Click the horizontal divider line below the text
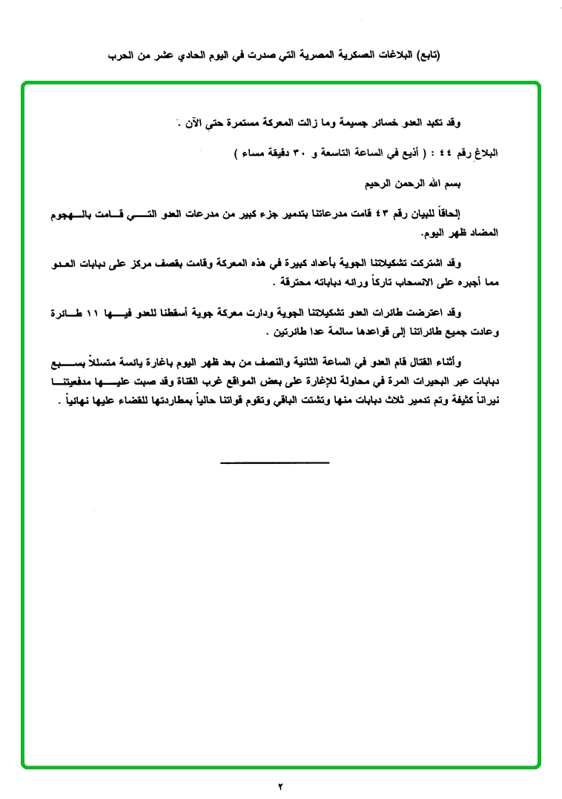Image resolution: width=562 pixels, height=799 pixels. (x=274, y=463)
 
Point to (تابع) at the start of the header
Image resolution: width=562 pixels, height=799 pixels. (x=426, y=55)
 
